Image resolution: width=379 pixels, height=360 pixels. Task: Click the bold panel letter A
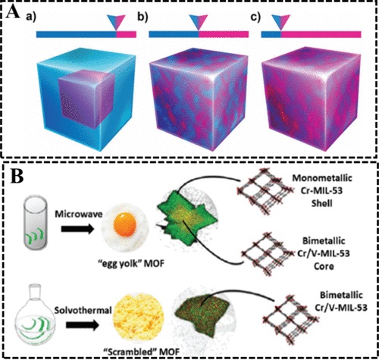(13, 12)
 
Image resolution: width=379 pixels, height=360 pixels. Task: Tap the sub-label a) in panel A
(31, 17)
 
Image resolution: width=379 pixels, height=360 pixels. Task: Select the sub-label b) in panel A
(143, 17)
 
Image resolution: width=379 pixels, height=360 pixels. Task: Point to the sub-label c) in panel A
(255, 17)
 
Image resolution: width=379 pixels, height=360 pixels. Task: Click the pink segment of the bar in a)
(127, 35)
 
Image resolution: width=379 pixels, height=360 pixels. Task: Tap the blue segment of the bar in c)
(271, 35)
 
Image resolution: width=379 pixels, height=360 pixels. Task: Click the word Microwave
(79, 214)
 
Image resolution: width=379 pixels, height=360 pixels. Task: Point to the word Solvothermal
(83, 310)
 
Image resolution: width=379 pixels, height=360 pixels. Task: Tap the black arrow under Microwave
(77, 229)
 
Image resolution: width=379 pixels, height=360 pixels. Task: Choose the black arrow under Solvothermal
(83, 325)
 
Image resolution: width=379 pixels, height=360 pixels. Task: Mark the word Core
(324, 266)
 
